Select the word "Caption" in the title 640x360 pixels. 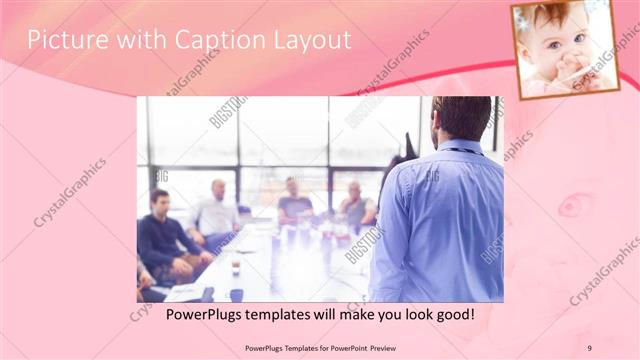206,40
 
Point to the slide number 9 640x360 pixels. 589,347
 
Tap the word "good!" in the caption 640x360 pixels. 454,315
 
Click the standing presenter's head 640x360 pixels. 460,118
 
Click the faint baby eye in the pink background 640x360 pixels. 574,205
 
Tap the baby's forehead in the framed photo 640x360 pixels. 555,22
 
